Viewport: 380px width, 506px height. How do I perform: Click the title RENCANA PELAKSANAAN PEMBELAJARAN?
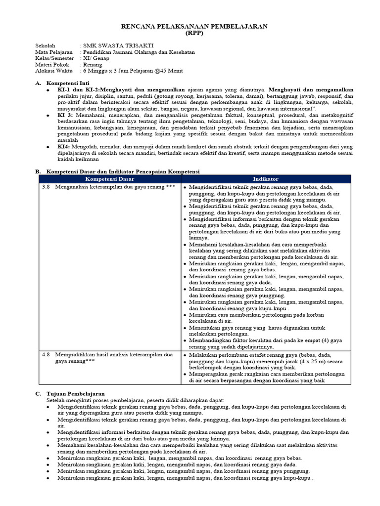click(194, 27)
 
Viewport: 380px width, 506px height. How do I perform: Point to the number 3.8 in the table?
click(46, 188)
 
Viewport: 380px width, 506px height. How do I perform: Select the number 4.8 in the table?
click(46, 354)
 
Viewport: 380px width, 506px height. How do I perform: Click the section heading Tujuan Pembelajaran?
click(76, 393)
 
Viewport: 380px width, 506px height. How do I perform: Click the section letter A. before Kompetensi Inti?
click(38, 84)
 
